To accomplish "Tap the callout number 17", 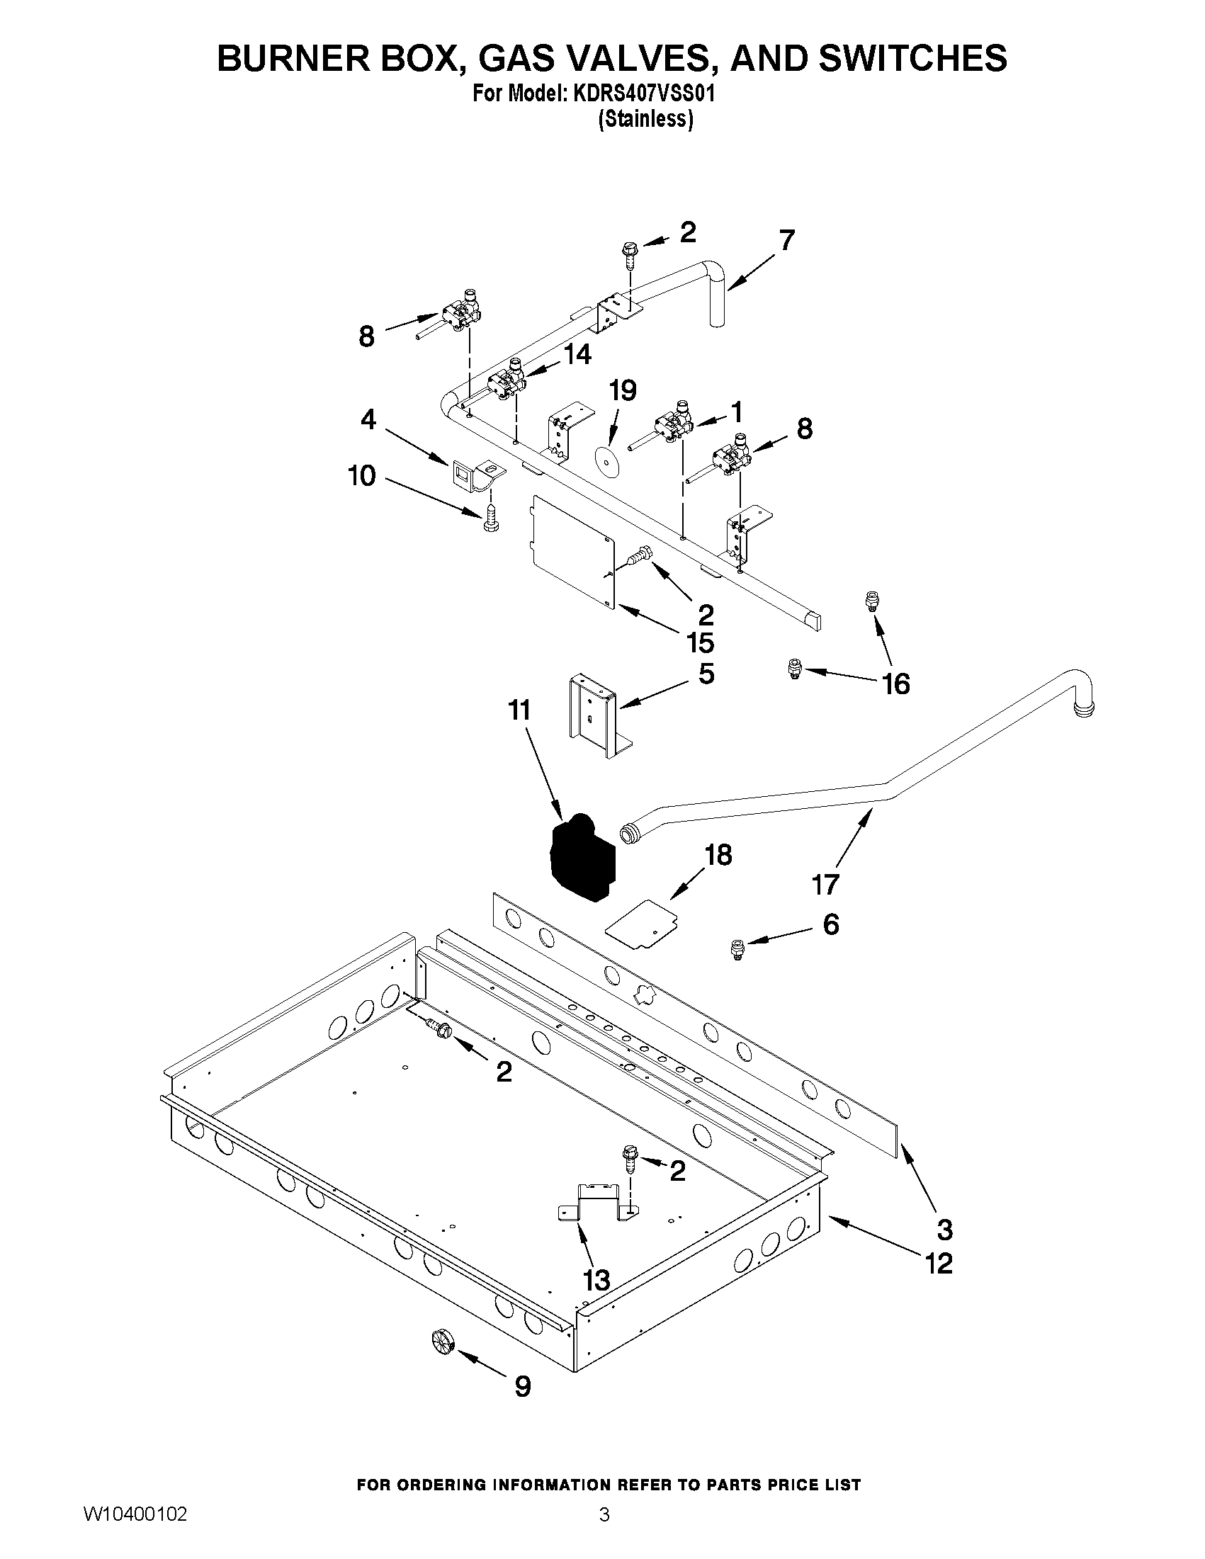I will [x=825, y=886].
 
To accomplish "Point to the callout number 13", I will [x=596, y=1281].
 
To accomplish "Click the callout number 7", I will [x=786, y=242].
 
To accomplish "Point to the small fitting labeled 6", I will [x=737, y=949].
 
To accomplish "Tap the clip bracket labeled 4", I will [x=473, y=473].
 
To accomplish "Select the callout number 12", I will [x=939, y=1264].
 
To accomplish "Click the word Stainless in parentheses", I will [x=645, y=119].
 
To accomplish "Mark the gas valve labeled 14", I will [x=508, y=384].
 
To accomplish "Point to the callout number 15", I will [x=701, y=643].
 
